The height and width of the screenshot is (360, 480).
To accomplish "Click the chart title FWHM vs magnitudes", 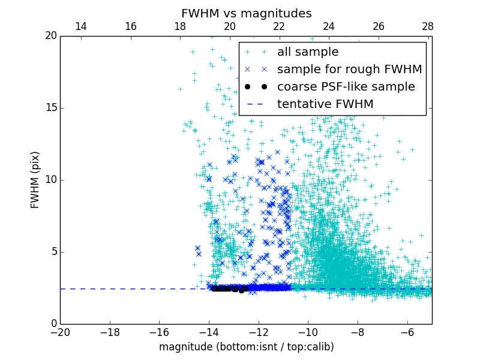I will coord(246,13).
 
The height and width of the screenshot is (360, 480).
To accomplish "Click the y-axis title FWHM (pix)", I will coord(35,180).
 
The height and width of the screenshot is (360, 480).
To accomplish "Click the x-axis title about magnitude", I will coord(246,347).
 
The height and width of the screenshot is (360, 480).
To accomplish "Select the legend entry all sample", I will coord(308,52).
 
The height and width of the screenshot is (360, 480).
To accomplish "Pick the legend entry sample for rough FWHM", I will coord(350,70).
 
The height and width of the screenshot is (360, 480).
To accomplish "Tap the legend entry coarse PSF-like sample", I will coord(346,86).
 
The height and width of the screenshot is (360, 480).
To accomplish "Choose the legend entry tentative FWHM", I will coord(325,104).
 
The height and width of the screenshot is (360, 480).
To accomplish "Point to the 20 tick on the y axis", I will coord(50,36).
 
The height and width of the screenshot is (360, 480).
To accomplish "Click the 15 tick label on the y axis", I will coord(50,108).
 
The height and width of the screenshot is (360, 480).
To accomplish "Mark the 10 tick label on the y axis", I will coord(50,180).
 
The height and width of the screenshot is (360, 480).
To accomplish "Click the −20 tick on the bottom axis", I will coord(60,332).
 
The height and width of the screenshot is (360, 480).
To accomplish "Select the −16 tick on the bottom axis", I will coord(159,332).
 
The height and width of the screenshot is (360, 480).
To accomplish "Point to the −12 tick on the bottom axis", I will coord(258,332).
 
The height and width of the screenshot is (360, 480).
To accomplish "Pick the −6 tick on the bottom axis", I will coord(407,332).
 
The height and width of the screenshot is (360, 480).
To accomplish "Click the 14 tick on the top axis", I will coord(80,26).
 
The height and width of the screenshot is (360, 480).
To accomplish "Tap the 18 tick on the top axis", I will coord(180,26).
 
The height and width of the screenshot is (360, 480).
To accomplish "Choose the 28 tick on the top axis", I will coord(427,26).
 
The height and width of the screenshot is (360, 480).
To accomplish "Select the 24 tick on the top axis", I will coord(328,26).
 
